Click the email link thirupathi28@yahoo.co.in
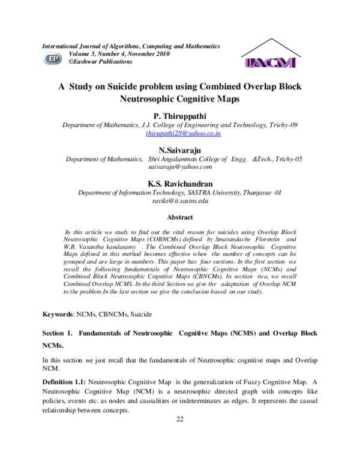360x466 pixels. tap(183, 133)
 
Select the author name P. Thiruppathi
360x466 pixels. tap(179, 115)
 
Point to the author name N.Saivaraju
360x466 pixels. tap(179, 150)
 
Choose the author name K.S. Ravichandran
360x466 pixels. tap(179, 183)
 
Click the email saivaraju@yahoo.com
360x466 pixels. tap(180, 167)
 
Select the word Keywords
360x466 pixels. tap(57, 314)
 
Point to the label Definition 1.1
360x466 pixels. tap(64, 382)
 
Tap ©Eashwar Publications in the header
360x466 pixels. tap(101, 61)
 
